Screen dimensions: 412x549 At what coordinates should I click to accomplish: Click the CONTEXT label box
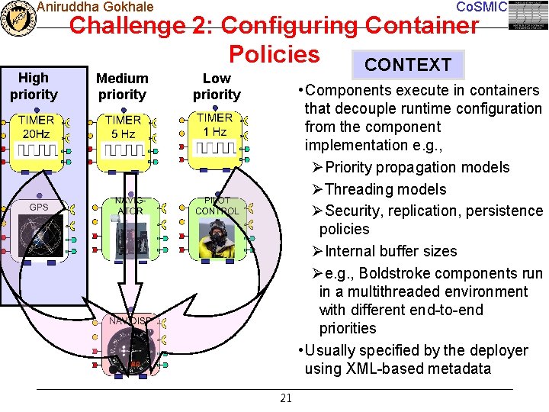(x=408, y=65)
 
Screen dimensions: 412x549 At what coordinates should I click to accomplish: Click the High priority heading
(x=33, y=86)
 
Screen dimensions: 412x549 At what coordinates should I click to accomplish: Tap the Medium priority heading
(x=122, y=86)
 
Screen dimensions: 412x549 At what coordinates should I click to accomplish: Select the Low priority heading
(x=217, y=86)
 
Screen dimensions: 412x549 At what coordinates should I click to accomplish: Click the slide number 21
(x=286, y=398)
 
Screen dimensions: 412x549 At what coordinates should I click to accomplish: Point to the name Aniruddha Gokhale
(x=95, y=7)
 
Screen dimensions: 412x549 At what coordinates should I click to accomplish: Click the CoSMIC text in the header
(x=480, y=7)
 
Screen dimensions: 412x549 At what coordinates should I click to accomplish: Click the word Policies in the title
(x=274, y=54)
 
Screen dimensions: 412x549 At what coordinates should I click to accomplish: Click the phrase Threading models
(x=385, y=189)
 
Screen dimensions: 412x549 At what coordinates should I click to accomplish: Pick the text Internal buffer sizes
(x=390, y=251)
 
